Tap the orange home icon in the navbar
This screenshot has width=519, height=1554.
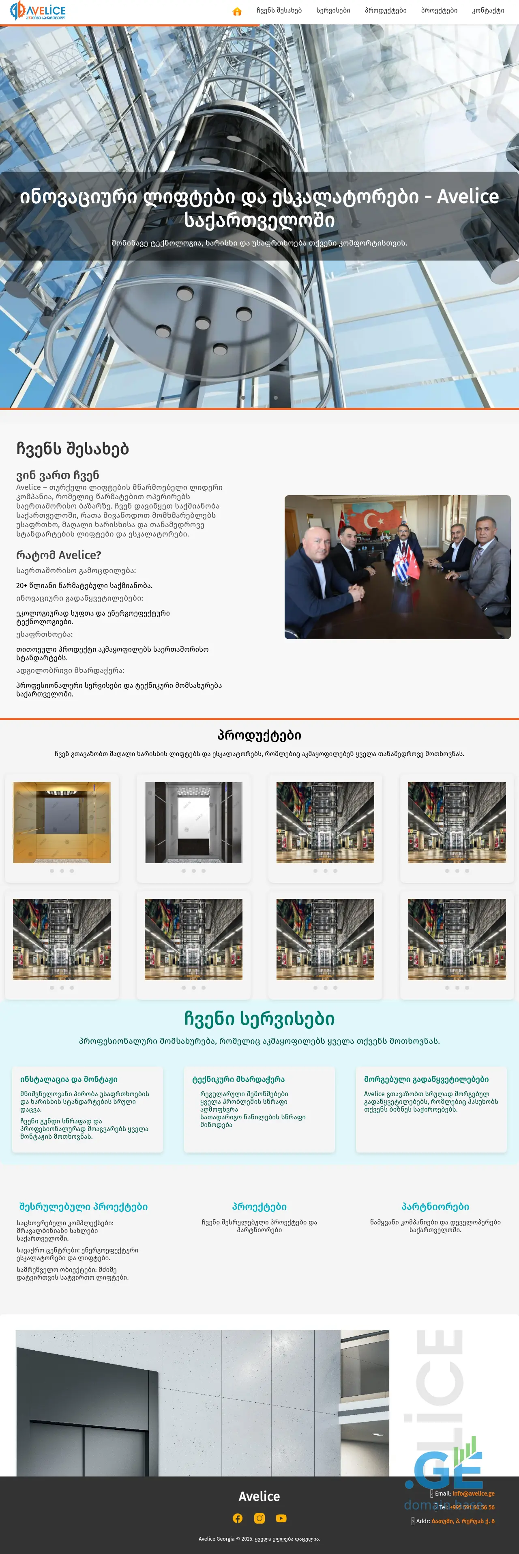tap(237, 11)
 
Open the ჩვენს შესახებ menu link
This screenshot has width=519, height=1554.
tap(279, 10)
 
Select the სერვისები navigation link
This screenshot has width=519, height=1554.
tap(333, 10)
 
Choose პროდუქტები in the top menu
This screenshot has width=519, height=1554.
tap(385, 10)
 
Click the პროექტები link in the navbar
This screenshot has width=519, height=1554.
tap(439, 10)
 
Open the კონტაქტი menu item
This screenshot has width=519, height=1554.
tap(488, 10)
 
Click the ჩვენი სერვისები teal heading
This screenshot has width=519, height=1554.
tap(259, 1019)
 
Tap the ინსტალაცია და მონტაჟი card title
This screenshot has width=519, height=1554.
tap(69, 1079)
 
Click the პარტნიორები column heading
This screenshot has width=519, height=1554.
tap(435, 1207)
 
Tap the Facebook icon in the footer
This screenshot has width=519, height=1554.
tap(238, 1518)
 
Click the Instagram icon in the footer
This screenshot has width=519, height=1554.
tap(259, 1518)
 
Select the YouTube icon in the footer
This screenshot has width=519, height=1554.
tap(281, 1518)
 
